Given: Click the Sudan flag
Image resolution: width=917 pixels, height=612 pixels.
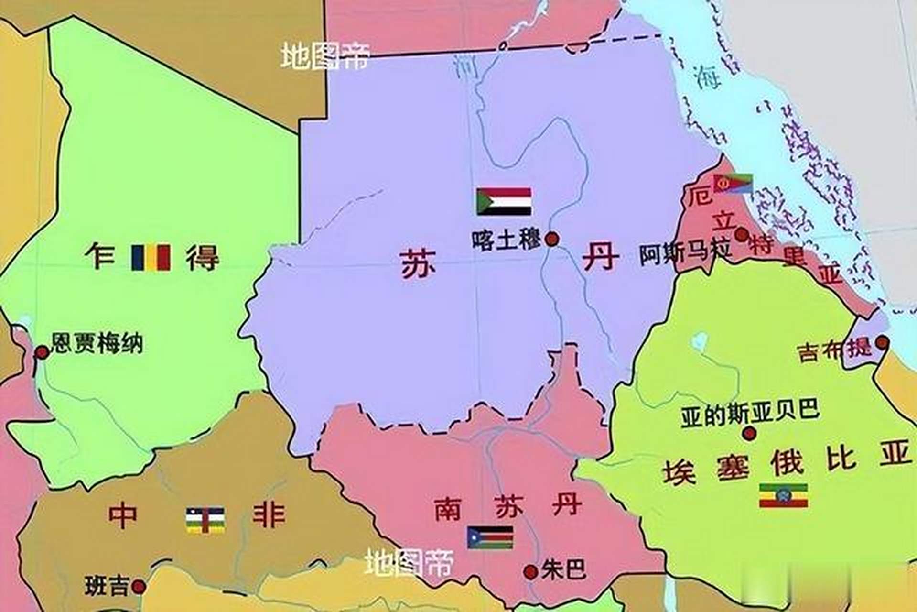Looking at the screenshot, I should (504, 201).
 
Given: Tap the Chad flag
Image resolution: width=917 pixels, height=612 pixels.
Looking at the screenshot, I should (151, 258).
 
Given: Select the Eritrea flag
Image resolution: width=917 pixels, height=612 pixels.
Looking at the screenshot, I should (733, 184).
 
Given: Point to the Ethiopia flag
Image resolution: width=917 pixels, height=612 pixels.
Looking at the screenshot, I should (784, 495).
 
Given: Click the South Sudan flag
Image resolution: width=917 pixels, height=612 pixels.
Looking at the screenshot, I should (490, 537).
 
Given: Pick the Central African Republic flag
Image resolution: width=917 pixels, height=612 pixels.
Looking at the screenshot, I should (205, 520).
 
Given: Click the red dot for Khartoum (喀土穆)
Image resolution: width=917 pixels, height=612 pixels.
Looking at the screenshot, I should (552, 239).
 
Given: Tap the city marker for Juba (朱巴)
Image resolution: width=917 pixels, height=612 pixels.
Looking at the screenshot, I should (530, 572).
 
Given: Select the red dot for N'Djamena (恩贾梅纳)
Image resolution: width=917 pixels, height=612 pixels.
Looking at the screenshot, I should (43, 352).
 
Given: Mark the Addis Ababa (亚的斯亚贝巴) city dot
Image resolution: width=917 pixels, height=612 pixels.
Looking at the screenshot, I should (749, 434).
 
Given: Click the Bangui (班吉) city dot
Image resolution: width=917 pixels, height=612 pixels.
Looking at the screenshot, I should (139, 586).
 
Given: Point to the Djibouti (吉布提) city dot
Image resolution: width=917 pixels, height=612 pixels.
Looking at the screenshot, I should (882, 342).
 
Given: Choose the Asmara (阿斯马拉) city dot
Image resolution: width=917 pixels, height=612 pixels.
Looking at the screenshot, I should (742, 235).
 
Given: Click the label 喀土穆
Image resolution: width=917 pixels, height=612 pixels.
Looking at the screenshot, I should (506, 240).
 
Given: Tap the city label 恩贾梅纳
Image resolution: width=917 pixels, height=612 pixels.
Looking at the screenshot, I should (97, 343).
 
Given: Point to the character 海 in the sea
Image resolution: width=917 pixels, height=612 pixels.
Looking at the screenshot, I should (708, 76).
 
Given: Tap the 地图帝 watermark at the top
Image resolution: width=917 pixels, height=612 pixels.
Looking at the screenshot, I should (325, 56).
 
